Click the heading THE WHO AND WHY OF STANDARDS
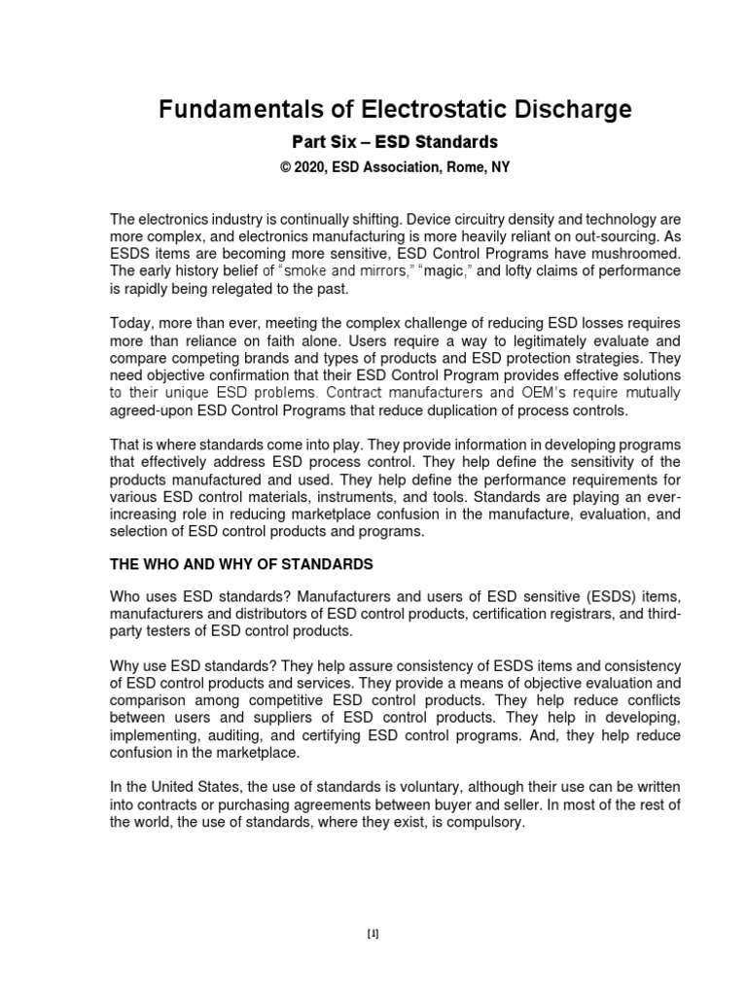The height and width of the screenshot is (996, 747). click(241, 564)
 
